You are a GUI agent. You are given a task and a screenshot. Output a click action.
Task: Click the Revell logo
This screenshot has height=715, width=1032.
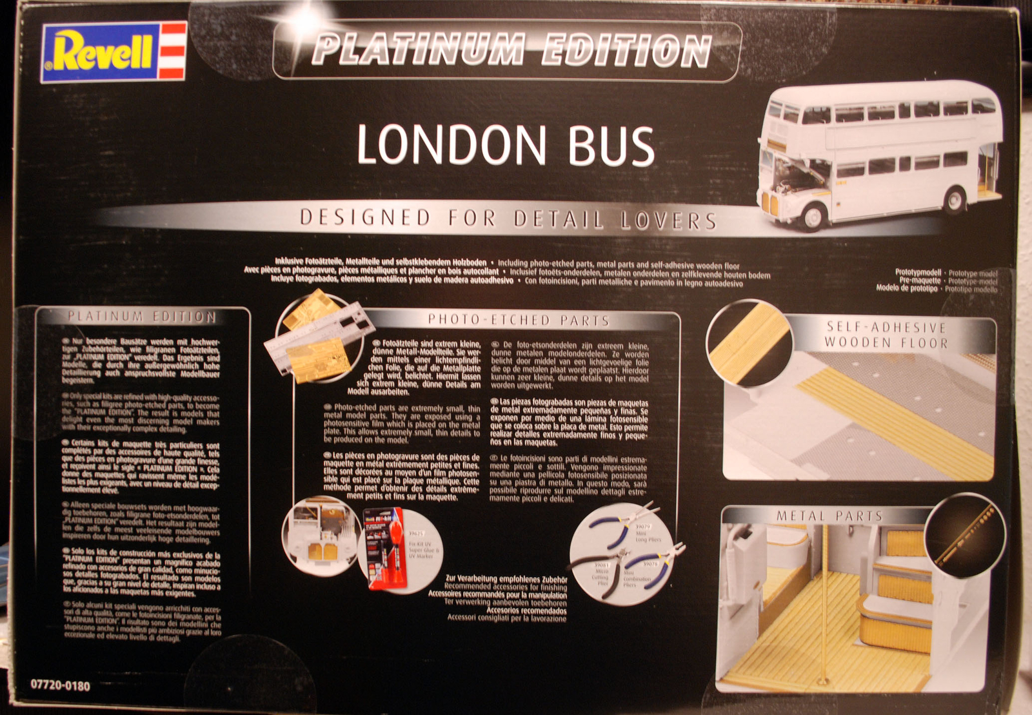[103, 52]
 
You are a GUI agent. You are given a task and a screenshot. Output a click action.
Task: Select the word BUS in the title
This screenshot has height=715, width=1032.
[611, 146]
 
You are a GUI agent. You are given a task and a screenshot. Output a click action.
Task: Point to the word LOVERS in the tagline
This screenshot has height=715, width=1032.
[668, 220]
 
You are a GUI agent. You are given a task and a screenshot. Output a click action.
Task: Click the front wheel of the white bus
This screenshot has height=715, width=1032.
[812, 216]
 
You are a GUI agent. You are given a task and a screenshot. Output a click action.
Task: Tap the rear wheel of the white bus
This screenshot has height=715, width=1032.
[954, 201]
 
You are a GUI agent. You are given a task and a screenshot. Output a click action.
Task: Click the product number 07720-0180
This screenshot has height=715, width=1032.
[61, 685]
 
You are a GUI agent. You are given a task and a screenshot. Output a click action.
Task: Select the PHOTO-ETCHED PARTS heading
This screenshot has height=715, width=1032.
[519, 320]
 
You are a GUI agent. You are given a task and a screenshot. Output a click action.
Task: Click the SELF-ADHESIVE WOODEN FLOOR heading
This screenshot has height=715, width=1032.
[886, 335]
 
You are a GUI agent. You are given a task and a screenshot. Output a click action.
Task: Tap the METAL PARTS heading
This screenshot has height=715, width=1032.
[829, 516]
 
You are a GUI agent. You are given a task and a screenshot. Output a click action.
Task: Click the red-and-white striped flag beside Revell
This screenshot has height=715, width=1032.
[173, 51]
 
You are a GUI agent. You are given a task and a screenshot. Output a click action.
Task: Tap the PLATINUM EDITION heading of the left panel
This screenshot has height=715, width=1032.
[142, 317]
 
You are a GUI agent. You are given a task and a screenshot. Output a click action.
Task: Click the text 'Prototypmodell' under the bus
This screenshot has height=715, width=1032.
[917, 273]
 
